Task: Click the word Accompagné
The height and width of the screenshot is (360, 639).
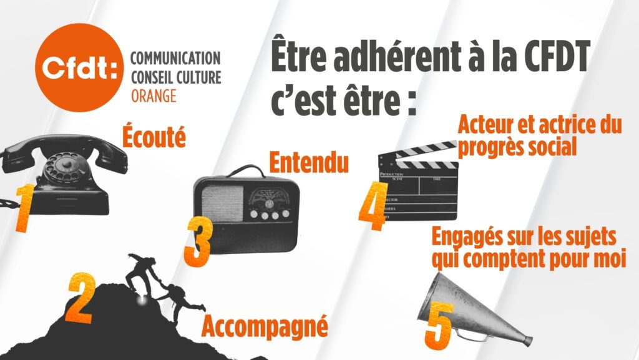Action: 265,326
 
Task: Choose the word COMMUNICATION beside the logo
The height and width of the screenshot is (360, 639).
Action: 175,58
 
